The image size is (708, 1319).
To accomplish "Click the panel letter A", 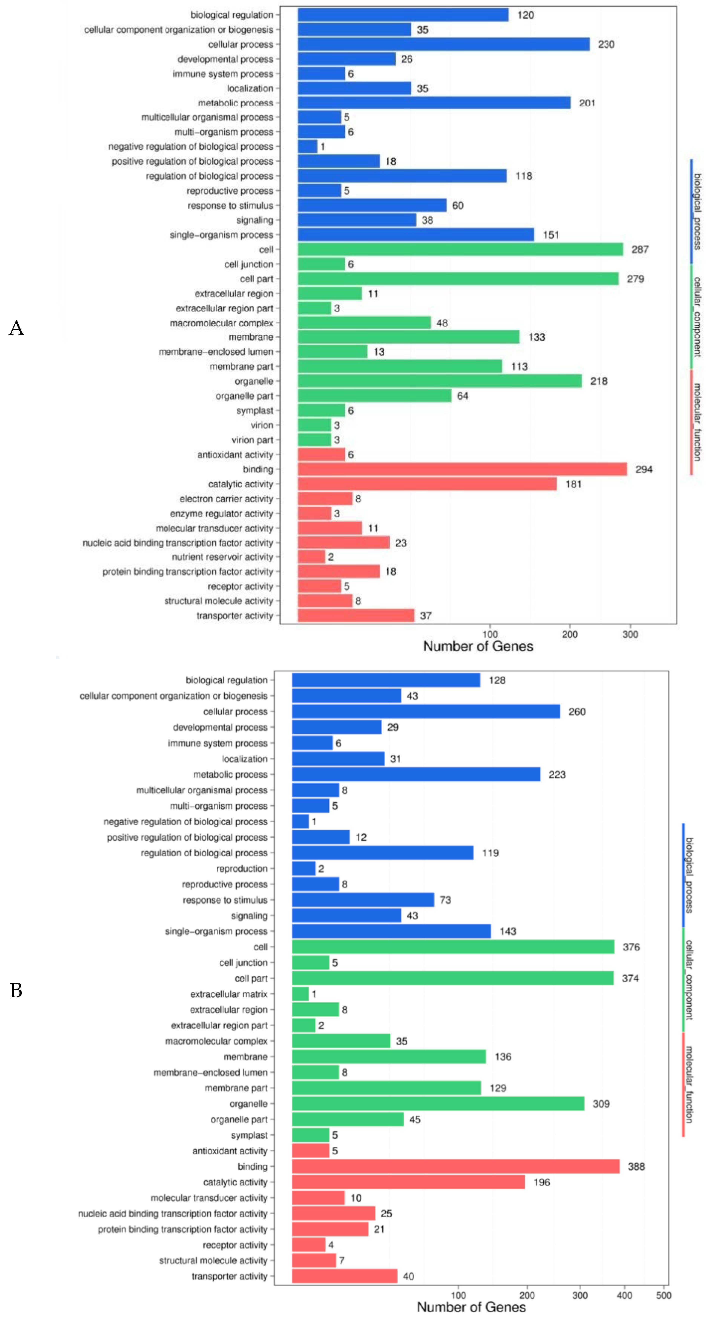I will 16,328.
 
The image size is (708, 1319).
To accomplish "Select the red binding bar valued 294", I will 462,469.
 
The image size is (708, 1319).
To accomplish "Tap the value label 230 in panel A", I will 606,44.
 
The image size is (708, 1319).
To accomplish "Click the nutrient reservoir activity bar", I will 311,557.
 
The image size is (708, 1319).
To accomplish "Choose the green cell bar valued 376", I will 453,947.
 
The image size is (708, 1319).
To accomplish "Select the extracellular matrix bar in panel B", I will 300,994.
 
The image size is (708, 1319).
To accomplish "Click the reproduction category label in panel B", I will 242,869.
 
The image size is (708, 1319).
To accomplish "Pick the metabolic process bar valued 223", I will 416,774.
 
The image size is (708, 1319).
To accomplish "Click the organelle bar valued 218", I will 440,381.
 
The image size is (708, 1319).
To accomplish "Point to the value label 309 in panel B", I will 601,1103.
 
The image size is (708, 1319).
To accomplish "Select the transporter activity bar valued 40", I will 344,1276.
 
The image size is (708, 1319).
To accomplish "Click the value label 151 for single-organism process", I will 551,235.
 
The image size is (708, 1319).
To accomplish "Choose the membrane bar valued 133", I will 408,337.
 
